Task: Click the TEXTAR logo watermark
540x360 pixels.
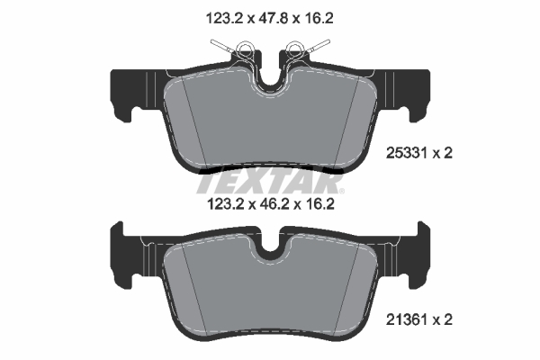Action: (270, 180)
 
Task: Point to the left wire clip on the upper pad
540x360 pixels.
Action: (228, 49)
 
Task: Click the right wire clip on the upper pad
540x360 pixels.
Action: (312, 49)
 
